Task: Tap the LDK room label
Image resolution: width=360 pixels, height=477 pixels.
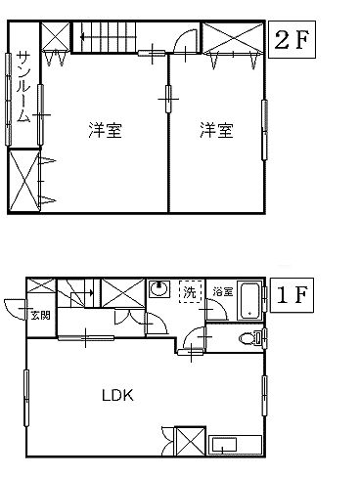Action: (116, 396)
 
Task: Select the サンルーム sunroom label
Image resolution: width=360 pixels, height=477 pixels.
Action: (24, 85)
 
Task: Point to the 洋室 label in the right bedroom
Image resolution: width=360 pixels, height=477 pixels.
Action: (217, 129)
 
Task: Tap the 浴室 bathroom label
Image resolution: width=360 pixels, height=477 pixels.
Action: (223, 291)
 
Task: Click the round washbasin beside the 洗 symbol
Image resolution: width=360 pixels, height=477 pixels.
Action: (158, 291)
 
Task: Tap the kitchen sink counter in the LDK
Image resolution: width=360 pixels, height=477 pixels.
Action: (233, 446)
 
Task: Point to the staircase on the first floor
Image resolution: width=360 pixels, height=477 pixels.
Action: (78, 291)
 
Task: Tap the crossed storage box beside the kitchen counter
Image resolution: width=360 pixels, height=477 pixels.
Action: (188, 442)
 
